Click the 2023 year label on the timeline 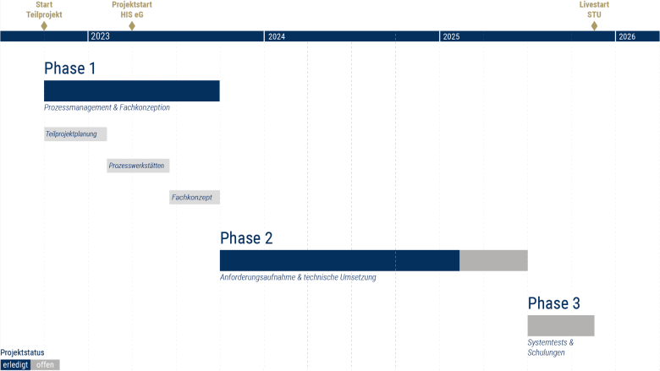tap(100, 36)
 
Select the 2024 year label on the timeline tap(277, 36)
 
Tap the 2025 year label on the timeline tap(451, 36)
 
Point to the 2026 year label tap(627, 36)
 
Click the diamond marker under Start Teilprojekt tap(44, 25)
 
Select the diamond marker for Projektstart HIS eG tap(132, 25)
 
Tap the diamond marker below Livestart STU tap(594, 25)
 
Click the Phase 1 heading tap(70, 68)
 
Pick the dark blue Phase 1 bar tap(132, 90)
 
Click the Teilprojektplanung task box tap(75, 134)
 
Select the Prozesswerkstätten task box tap(138, 166)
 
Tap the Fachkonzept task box tap(195, 198)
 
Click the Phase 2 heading tap(246, 238)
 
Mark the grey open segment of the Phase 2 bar tap(493, 260)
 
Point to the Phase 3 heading tap(554, 303)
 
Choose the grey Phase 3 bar tap(561, 325)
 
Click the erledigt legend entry tap(15, 365)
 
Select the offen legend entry tap(45, 365)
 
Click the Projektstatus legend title tap(22, 352)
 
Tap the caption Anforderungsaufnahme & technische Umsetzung tap(298, 277)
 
